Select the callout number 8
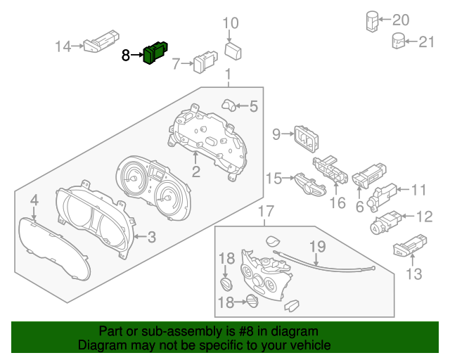coord(126,55)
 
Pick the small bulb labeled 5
coord(229,105)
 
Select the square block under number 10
coord(233,51)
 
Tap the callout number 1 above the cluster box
coord(228,75)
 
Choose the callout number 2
coord(196,171)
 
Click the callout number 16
coord(338,203)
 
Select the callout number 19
coord(318,247)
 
